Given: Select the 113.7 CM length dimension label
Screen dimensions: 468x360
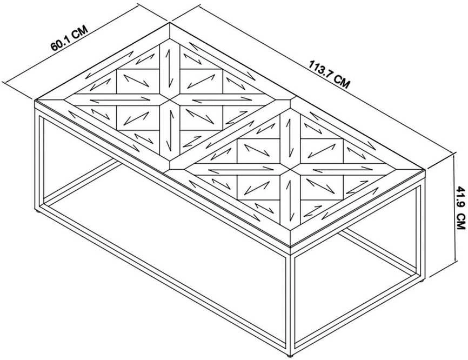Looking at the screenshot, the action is (329, 75).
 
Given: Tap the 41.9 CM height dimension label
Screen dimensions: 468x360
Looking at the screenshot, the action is (461, 208).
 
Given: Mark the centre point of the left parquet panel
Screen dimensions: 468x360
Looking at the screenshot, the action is (170, 99).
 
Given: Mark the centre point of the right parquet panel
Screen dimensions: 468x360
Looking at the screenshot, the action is (290, 169).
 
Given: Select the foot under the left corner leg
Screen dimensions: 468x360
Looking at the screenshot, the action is (38, 211).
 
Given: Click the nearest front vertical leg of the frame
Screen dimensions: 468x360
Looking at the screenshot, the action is (290, 304).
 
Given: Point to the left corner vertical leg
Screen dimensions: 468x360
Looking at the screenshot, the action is (39, 159).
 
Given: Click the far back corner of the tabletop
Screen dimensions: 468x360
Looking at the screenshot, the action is (170, 23).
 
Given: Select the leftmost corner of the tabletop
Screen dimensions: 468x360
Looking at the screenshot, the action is (35, 100).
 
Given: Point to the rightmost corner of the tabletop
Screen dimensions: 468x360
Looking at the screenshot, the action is (425, 170).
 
